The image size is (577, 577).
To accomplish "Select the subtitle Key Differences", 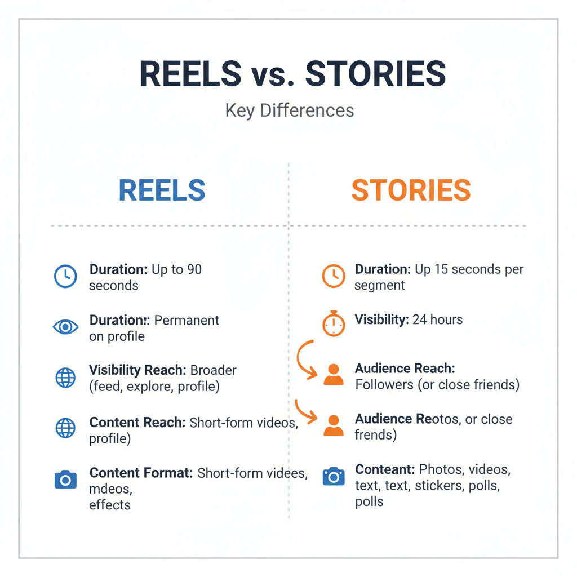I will tap(290, 110).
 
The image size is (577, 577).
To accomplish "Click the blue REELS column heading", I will tap(162, 191).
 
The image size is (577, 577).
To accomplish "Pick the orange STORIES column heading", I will tap(411, 191).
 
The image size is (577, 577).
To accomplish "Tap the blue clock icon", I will tap(65, 276).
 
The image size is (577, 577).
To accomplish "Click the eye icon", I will tap(65, 327).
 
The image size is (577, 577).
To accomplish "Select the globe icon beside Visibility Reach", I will tap(65, 378).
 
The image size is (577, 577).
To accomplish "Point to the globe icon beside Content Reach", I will tap(65, 428).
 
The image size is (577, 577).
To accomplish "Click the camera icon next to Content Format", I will tap(65, 480).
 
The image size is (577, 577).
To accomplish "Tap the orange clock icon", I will tap(334, 276).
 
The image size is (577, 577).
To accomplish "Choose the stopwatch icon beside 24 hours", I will tap(334, 323).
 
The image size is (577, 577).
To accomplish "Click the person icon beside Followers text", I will tap(334, 375).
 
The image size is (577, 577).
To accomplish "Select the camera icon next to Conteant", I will tap(334, 477).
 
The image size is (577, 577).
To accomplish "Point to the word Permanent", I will tap(187, 321).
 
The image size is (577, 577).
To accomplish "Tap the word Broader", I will tap(214, 371).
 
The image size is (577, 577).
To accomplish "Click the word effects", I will tap(110, 505).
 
